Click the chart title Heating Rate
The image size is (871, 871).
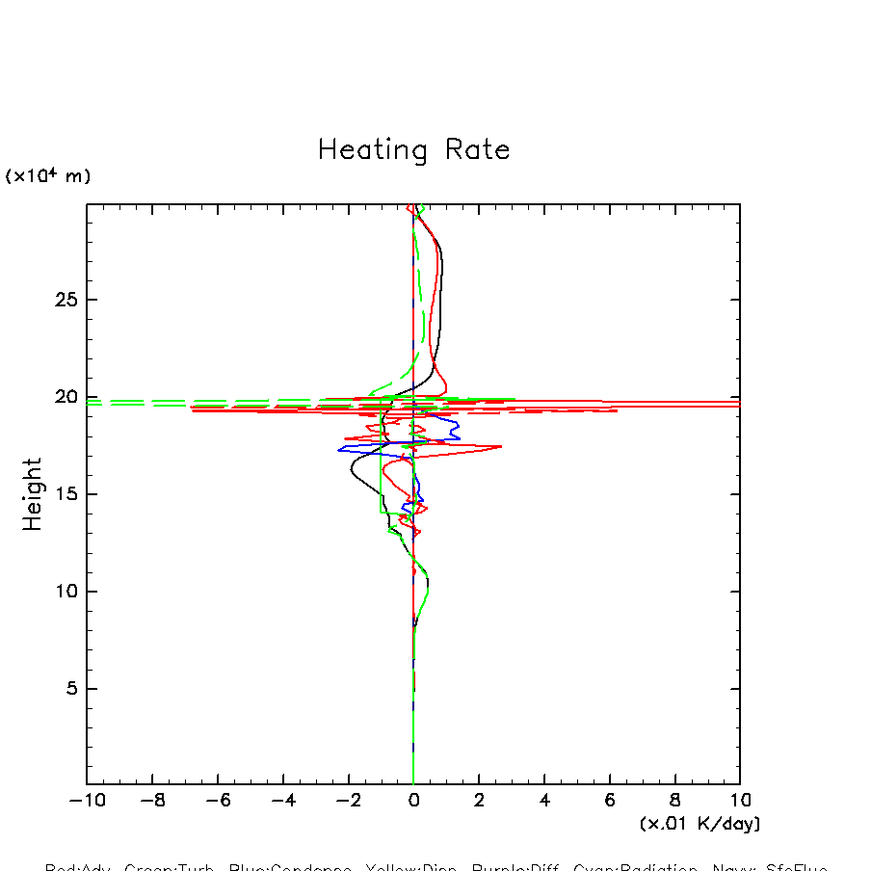click(413, 150)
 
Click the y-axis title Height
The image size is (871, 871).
click(33, 494)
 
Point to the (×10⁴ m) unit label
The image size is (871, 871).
click(48, 176)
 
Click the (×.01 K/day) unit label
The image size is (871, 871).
click(699, 824)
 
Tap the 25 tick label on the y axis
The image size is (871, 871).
click(65, 300)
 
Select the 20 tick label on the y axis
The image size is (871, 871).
click(65, 397)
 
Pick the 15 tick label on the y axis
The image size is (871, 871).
click(65, 494)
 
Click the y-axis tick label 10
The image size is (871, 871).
click(65, 592)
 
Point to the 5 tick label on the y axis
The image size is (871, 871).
click(70, 689)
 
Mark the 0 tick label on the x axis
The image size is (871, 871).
click(413, 801)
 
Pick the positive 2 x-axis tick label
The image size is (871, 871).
click(479, 801)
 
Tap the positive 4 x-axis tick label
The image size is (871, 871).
click(544, 801)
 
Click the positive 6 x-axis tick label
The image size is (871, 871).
click(610, 801)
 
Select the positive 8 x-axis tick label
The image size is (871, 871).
click(674, 801)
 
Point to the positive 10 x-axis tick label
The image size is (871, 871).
click(740, 801)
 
